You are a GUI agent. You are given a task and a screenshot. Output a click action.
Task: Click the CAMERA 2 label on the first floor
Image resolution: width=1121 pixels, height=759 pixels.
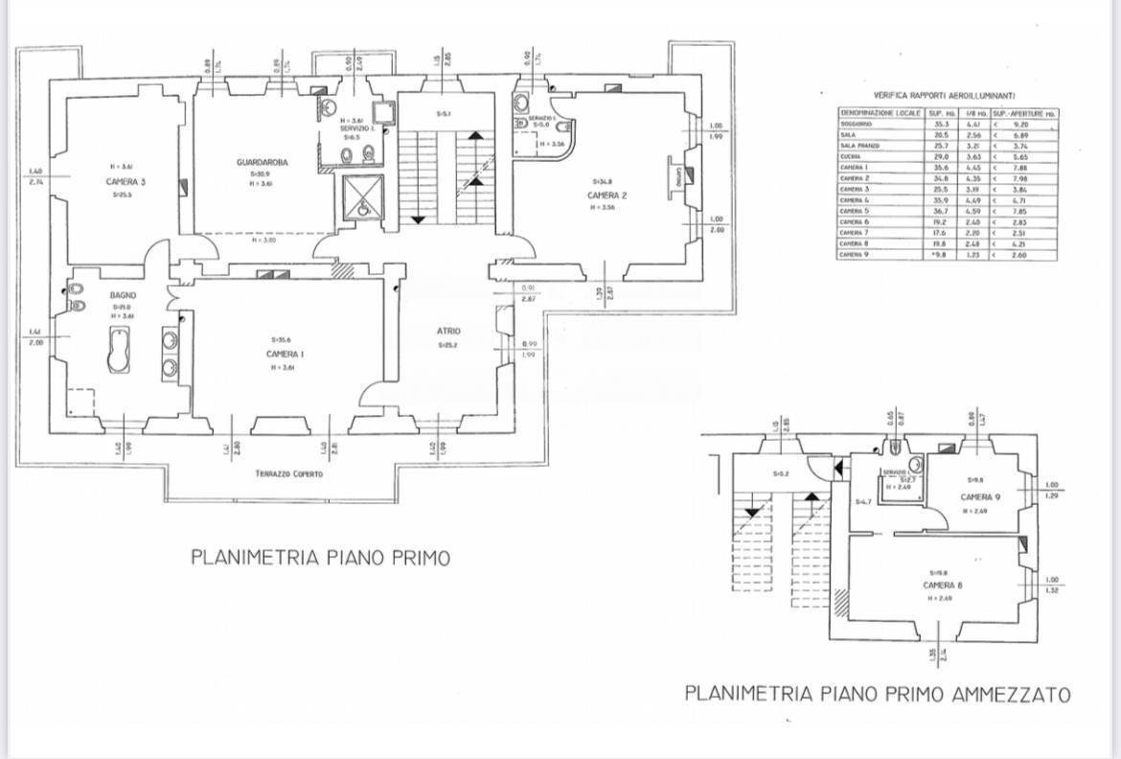606,195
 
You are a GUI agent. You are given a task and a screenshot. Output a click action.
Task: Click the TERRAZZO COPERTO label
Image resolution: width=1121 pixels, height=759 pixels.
288,474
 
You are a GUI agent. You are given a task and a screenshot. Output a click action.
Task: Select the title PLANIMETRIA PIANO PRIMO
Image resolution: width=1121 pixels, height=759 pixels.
320,558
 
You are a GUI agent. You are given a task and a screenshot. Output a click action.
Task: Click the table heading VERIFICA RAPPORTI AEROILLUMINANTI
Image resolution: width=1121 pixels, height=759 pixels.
945,97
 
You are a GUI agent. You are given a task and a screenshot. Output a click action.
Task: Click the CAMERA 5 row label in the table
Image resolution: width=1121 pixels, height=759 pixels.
855,210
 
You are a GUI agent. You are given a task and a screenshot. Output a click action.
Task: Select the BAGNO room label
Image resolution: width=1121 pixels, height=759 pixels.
122,295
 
